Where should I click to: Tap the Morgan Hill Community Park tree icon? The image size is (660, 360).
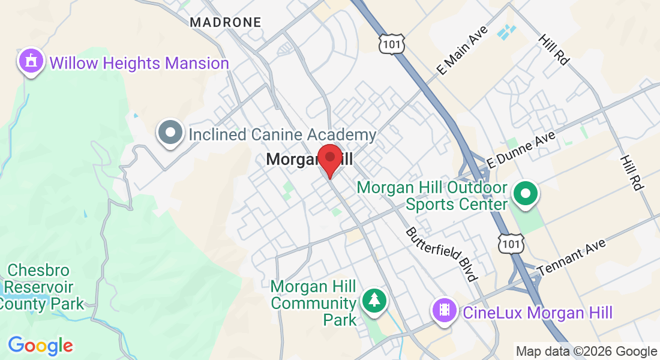pyautogui.click(x=375, y=299)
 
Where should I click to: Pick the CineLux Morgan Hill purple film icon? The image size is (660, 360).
pyautogui.click(x=444, y=310)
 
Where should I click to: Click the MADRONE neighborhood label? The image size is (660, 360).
pyautogui.click(x=226, y=23)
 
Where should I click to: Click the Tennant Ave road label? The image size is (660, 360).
pyautogui.click(x=572, y=256)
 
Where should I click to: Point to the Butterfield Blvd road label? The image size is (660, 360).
pyautogui.click(x=442, y=254)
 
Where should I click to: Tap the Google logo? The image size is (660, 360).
pyautogui.click(x=40, y=346)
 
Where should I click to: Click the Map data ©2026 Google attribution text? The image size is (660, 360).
pyautogui.click(x=586, y=352)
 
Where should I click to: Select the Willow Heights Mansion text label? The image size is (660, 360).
pyautogui.click(x=139, y=63)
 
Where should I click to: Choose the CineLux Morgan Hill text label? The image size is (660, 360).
pyautogui.click(x=537, y=313)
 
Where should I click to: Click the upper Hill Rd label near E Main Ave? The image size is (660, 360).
pyautogui.click(x=553, y=49)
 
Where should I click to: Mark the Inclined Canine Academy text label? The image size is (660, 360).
pyautogui.click(x=282, y=134)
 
